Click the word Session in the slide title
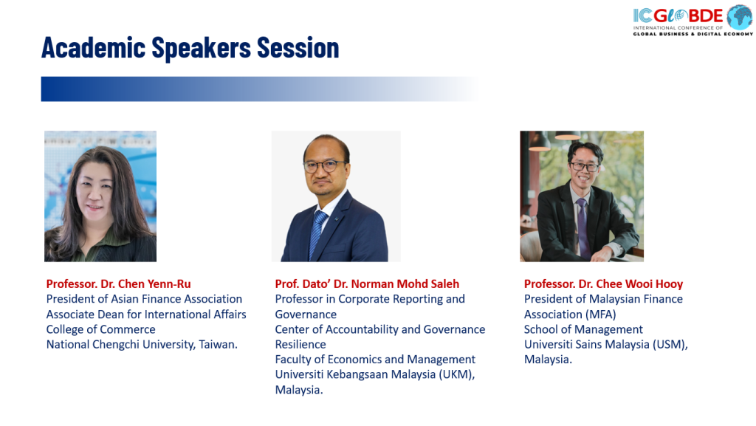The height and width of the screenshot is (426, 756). (298, 48)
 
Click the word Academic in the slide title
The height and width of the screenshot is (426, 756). (94, 48)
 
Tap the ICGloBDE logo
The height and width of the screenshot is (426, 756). (693, 20)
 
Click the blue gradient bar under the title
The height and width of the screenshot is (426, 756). (261, 89)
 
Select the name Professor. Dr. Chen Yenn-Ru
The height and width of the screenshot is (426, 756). (119, 284)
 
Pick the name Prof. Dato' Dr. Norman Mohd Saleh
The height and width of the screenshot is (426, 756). (367, 284)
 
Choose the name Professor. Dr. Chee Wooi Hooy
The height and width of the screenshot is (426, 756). (604, 284)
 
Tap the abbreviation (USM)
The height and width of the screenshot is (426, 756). (670, 345)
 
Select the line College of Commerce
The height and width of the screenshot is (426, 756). (100, 329)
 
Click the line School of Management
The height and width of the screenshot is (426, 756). (583, 329)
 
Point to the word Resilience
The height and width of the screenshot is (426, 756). (300, 345)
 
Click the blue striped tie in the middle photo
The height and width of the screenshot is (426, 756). (317, 234)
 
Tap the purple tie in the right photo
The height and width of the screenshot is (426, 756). (583, 227)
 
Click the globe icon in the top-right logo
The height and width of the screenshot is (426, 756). (740, 17)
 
